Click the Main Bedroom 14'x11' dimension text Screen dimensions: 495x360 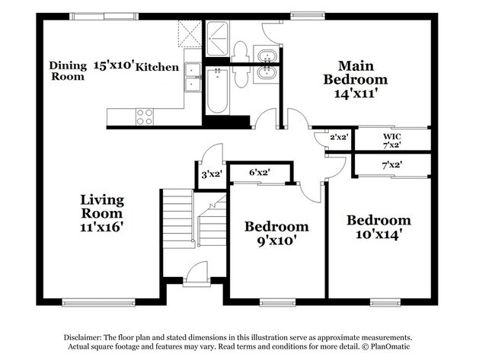click(x=355, y=94)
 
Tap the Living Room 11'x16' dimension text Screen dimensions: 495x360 click(x=101, y=227)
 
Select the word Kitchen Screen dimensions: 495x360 click(x=157, y=67)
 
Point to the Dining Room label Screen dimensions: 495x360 click(x=68, y=71)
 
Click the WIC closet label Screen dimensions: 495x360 click(x=392, y=136)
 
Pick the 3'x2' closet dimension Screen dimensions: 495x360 click(x=212, y=174)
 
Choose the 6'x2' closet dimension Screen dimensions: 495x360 click(x=260, y=173)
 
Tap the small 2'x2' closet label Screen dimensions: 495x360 click(x=339, y=137)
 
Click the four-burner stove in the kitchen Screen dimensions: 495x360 click(x=145, y=116)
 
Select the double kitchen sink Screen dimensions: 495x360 click(x=193, y=78)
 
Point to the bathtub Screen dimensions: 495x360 click(x=217, y=91)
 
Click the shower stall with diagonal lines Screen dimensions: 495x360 click(x=217, y=39)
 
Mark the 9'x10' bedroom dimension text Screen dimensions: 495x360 click(x=276, y=241)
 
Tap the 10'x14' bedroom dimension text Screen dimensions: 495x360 click(x=378, y=234)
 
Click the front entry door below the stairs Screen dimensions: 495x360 click(x=196, y=274)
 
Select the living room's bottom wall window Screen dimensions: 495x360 click(x=98, y=303)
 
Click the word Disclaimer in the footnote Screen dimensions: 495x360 click(x=82, y=337)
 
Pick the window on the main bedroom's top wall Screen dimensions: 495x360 click(x=308, y=14)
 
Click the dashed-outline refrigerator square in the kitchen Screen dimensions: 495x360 click(x=190, y=33)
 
